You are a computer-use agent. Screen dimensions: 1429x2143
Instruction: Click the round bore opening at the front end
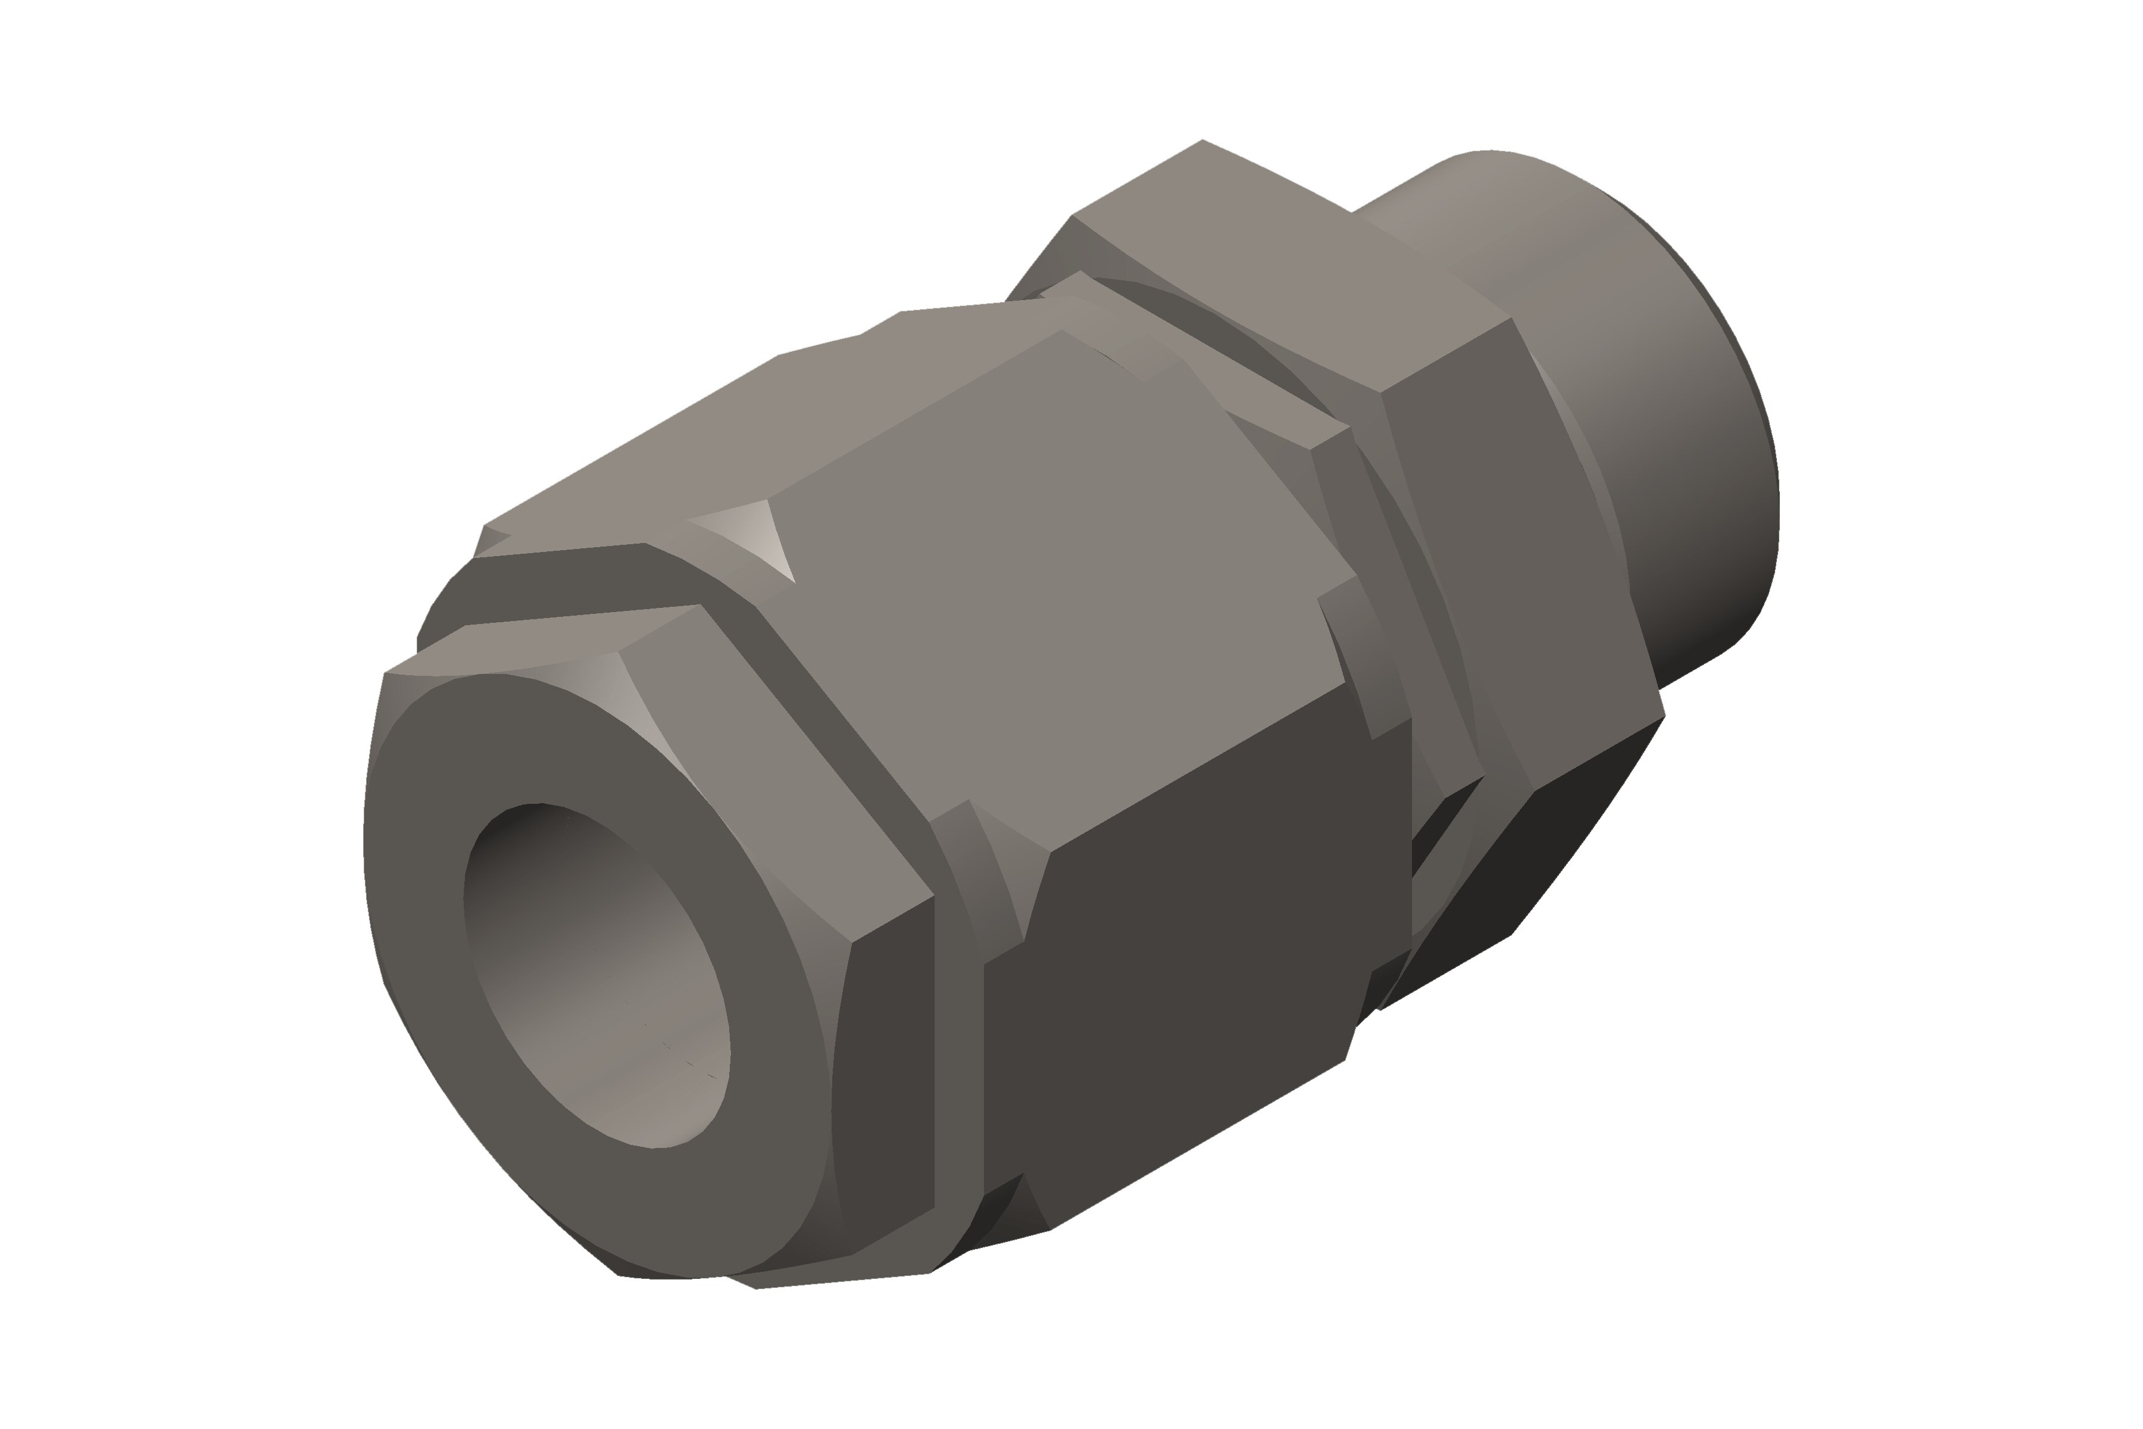click(x=597, y=975)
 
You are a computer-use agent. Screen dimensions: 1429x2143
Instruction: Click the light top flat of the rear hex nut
click(x=1276, y=273)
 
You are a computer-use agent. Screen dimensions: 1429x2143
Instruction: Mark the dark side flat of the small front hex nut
click(x=888, y=1075)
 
